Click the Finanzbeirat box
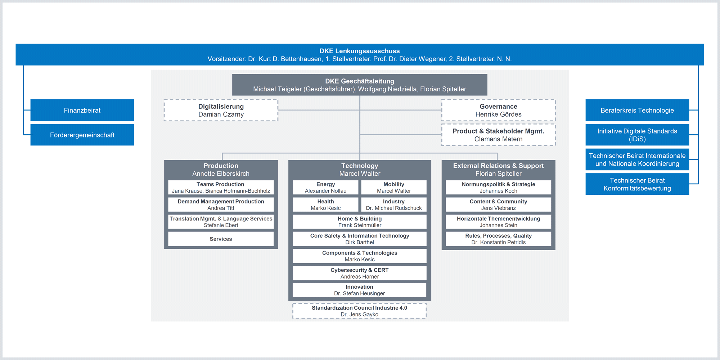point(82,110)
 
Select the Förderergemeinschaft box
point(82,135)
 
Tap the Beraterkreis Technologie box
point(637,110)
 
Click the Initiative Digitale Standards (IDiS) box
point(637,135)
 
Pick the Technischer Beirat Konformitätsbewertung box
point(637,184)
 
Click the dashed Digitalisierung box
point(221,110)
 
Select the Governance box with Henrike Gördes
point(498,110)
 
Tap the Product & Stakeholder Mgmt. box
point(498,135)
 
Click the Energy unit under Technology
point(325,188)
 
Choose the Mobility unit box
point(394,188)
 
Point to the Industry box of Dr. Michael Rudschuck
point(394,204)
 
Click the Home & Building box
point(360,222)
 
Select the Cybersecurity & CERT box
point(360,273)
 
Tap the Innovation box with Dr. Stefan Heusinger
point(360,290)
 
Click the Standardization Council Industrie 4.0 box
point(360,311)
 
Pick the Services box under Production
point(221,239)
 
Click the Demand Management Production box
point(221,204)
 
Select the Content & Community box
point(498,204)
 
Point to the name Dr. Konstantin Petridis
point(498,242)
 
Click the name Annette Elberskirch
point(221,174)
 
